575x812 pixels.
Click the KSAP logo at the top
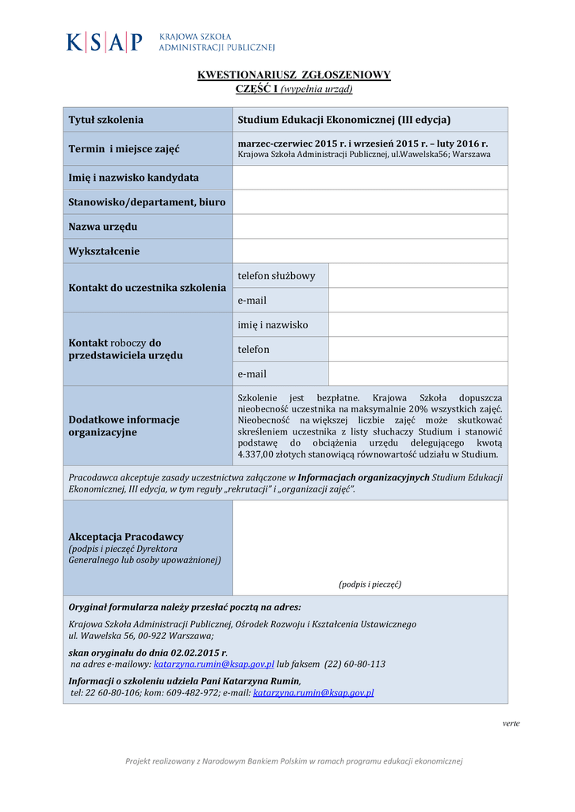click(x=170, y=41)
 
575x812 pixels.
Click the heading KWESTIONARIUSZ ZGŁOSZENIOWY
click(x=293, y=75)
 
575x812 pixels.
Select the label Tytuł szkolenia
click(x=106, y=120)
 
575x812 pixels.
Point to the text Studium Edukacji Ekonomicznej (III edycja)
click(x=344, y=120)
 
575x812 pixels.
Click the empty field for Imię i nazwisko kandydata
click(x=370, y=178)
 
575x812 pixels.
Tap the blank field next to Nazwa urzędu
click(x=370, y=227)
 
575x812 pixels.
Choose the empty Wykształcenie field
click(x=370, y=251)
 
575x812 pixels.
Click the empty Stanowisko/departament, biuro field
click(x=370, y=202)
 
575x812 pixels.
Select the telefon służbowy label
click(x=276, y=276)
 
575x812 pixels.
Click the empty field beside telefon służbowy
click(x=418, y=276)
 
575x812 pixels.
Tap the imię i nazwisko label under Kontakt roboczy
click(x=273, y=325)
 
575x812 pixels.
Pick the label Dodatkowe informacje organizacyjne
click(x=124, y=426)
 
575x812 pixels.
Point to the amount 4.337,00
click(x=259, y=454)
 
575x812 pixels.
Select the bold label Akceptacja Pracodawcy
click(x=126, y=537)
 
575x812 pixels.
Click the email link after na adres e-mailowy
click(x=213, y=664)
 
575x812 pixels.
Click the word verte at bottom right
click(x=512, y=723)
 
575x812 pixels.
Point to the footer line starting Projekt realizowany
click(x=293, y=761)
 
